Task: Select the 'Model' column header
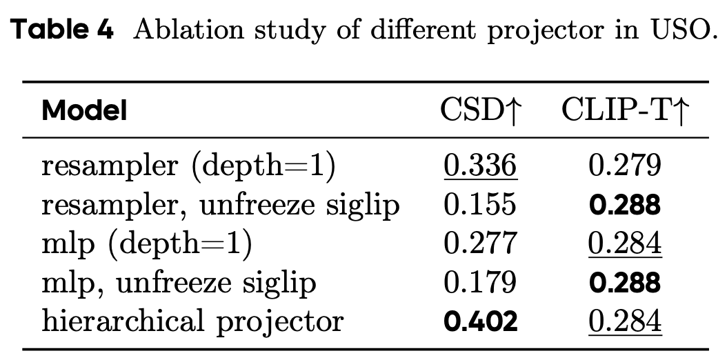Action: click(x=85, y=110)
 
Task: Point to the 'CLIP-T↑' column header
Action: click(x=625, y=110)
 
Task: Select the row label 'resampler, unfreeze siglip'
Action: click(x=221, y=205)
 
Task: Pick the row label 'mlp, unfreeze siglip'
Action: click(x=179, y=283)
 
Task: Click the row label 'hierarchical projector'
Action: click(x=192, y=321)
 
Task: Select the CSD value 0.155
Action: click(x=480, y=205)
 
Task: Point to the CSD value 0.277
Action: click(x=480, y=243)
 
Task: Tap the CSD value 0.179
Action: click(x=480, y=283)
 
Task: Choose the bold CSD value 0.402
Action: click(x=480, y=321)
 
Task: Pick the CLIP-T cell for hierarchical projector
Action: click(x=625, y=321)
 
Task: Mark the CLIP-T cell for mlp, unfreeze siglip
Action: click(x=625, y=283)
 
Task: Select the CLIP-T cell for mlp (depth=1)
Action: click(x=625, y=243)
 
